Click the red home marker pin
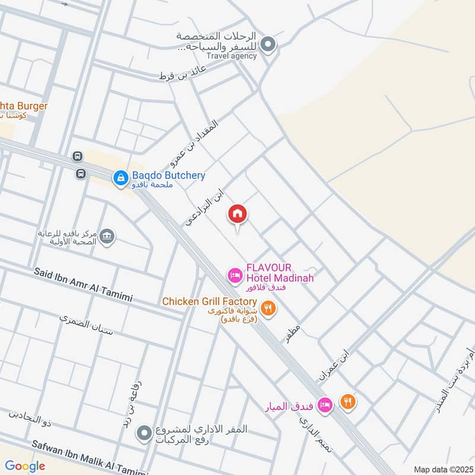[237, 214]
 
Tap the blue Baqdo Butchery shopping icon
[121, 177]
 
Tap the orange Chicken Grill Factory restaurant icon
[269, 308]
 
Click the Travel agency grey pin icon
[268, 44]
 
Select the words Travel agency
[232, 56]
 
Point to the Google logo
[26, 466]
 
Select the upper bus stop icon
[77, 157]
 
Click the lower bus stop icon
[81, 174]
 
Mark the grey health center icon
[107, 236]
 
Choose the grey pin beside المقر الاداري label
[142, 433]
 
